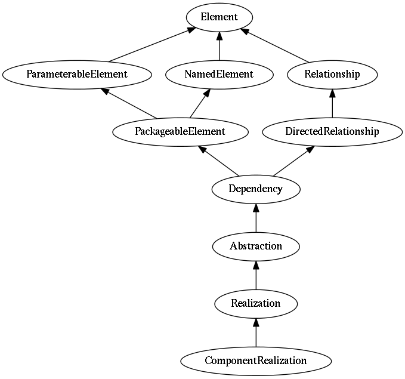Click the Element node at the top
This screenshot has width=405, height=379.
click(219, 17)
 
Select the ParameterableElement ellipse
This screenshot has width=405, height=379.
click(77, 75)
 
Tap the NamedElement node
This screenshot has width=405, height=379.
click(219, 75)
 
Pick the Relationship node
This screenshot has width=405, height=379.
click(332, 75)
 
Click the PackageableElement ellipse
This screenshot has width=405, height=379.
click(180, 132)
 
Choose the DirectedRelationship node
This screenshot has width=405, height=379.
click(332, 132)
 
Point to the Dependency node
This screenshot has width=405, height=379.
click(256, 189)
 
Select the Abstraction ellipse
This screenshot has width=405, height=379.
click(256, 246)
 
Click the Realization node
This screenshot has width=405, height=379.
click(256, 304)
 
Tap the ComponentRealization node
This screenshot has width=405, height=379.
click(256, 362)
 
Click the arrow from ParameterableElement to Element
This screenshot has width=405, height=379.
click(152, 45)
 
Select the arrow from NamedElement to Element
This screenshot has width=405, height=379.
click(219, 46)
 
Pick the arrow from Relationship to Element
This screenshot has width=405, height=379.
click(274, 45)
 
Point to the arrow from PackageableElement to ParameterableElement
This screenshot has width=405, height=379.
click(129, 103)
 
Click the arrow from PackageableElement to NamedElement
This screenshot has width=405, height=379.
click(200, 103)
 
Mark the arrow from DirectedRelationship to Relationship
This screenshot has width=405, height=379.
click(332, 103)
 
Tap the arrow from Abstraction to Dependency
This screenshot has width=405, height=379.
click(256, 218)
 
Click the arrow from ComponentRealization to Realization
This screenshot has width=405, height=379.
click(256, 332)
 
